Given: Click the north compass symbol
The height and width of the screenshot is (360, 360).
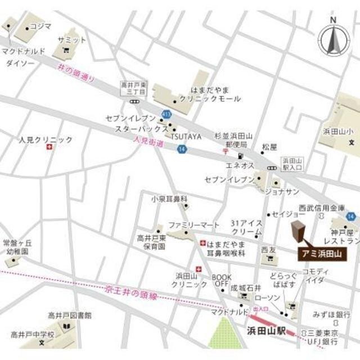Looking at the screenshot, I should point(334,38).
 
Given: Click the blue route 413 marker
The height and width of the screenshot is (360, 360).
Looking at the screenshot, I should point(166,114).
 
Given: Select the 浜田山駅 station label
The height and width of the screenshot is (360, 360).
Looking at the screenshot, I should point(265,330).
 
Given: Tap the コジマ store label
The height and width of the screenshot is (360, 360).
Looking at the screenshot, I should point(40,25).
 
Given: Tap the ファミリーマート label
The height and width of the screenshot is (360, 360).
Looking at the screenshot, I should point(194,225).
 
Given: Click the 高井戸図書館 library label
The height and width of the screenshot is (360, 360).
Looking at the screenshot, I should point(69,315).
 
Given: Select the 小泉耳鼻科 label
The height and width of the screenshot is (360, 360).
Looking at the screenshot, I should point(169,199).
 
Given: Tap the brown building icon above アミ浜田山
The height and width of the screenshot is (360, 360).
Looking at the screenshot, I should point(298,233).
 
